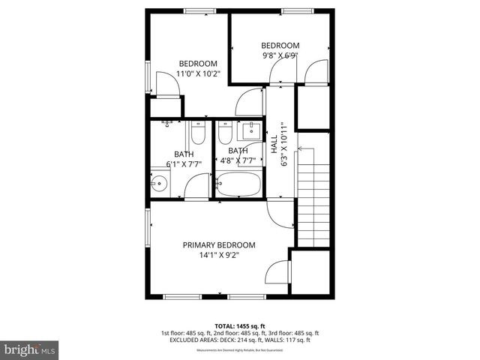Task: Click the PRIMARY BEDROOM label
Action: pyautogui.click(x=219, y=245)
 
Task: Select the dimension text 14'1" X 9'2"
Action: pyautogui.click(x=219, y=256)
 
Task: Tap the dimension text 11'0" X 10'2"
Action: pyautogui.click(x=198, y=74)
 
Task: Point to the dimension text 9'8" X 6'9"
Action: pyautogui.click(x=280, y=55)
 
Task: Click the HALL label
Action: pyautogui.click(x=274, y=140)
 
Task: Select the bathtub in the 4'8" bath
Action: pyautogui.click(x=238, y=184)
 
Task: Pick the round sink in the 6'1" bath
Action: pyautogui.click(x=158, y=181)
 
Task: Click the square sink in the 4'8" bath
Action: pyautogui.click(x=250, y=130)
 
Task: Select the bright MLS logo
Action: pyautogui.click(x=30, y=349)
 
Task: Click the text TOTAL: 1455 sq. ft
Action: pyautogui.click(x=240, y=325)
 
